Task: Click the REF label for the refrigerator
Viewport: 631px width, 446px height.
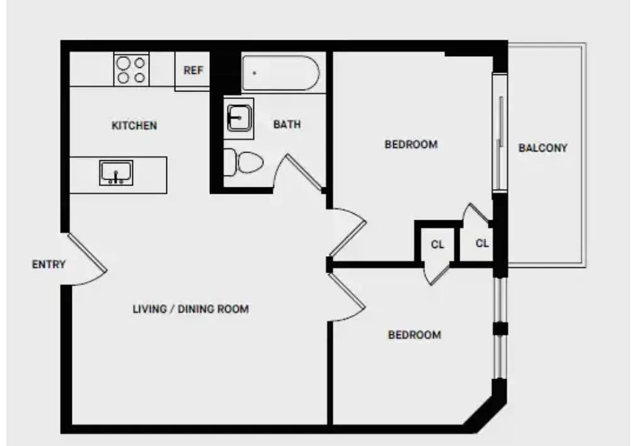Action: coord(193,71)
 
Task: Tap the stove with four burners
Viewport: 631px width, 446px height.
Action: coord(131,70)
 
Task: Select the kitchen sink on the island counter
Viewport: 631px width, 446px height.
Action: coord(116,172)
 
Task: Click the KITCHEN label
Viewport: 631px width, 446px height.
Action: coord(134,126)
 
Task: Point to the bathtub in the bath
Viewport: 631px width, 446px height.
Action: coord(281,73)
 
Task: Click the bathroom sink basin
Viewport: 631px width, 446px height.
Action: coord(240,118)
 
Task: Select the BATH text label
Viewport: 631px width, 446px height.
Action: coord(287,124)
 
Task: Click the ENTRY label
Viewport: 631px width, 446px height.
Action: coord(49,264)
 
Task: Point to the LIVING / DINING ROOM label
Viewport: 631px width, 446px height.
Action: coord(190,309)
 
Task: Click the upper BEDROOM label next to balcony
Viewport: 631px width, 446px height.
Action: coord(411,144)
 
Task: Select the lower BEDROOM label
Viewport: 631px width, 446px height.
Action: coord(414,335)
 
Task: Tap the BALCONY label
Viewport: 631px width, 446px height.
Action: coord(543,148)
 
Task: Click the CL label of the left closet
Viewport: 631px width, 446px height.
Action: coord(437,244)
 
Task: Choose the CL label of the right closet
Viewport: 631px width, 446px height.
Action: coord(482,243)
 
